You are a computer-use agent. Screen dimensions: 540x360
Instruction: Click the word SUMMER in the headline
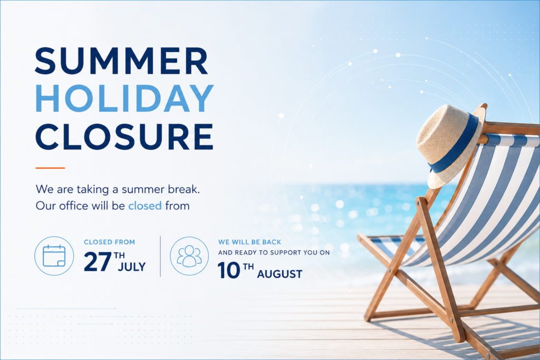click(122, 61)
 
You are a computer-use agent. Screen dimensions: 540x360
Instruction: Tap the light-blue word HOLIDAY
click(124, 98)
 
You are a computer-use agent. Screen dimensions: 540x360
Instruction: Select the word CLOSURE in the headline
click(124, 137)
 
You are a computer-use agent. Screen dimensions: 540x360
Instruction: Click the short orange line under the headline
click(50, 168)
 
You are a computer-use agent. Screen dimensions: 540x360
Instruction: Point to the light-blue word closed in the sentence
click(145, 206)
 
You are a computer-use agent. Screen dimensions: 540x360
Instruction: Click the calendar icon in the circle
click(54, 256)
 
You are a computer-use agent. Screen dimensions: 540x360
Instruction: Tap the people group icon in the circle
click(189, 256)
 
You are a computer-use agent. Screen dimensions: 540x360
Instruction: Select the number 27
click(98, 262)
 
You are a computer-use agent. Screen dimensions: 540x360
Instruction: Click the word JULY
click(132, 267)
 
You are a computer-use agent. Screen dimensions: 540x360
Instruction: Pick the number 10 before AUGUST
click(229, 270)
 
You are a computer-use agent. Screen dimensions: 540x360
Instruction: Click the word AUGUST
click(279, 274)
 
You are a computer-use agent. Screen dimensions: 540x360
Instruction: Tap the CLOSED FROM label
click(110, 242)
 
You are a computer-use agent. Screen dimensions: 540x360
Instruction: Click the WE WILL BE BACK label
click(249, 242)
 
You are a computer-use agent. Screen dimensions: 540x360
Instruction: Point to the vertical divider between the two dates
click(160, 256)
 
